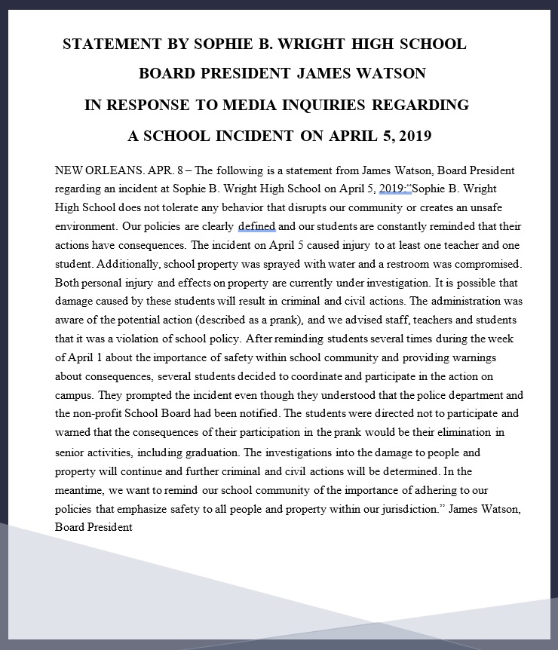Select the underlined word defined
click(x=257, y=226)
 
